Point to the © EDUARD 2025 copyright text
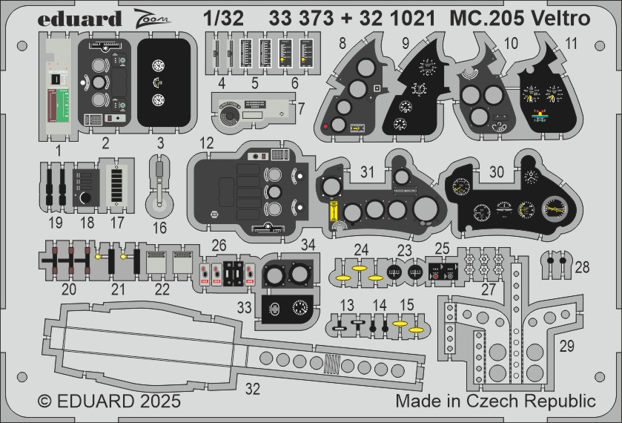(109, 401)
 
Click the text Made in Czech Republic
(495, 401)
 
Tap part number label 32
(253, 387)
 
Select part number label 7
(301, 109)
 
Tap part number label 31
(368, 171)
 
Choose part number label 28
(583, 266)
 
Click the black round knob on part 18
(87, 198)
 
